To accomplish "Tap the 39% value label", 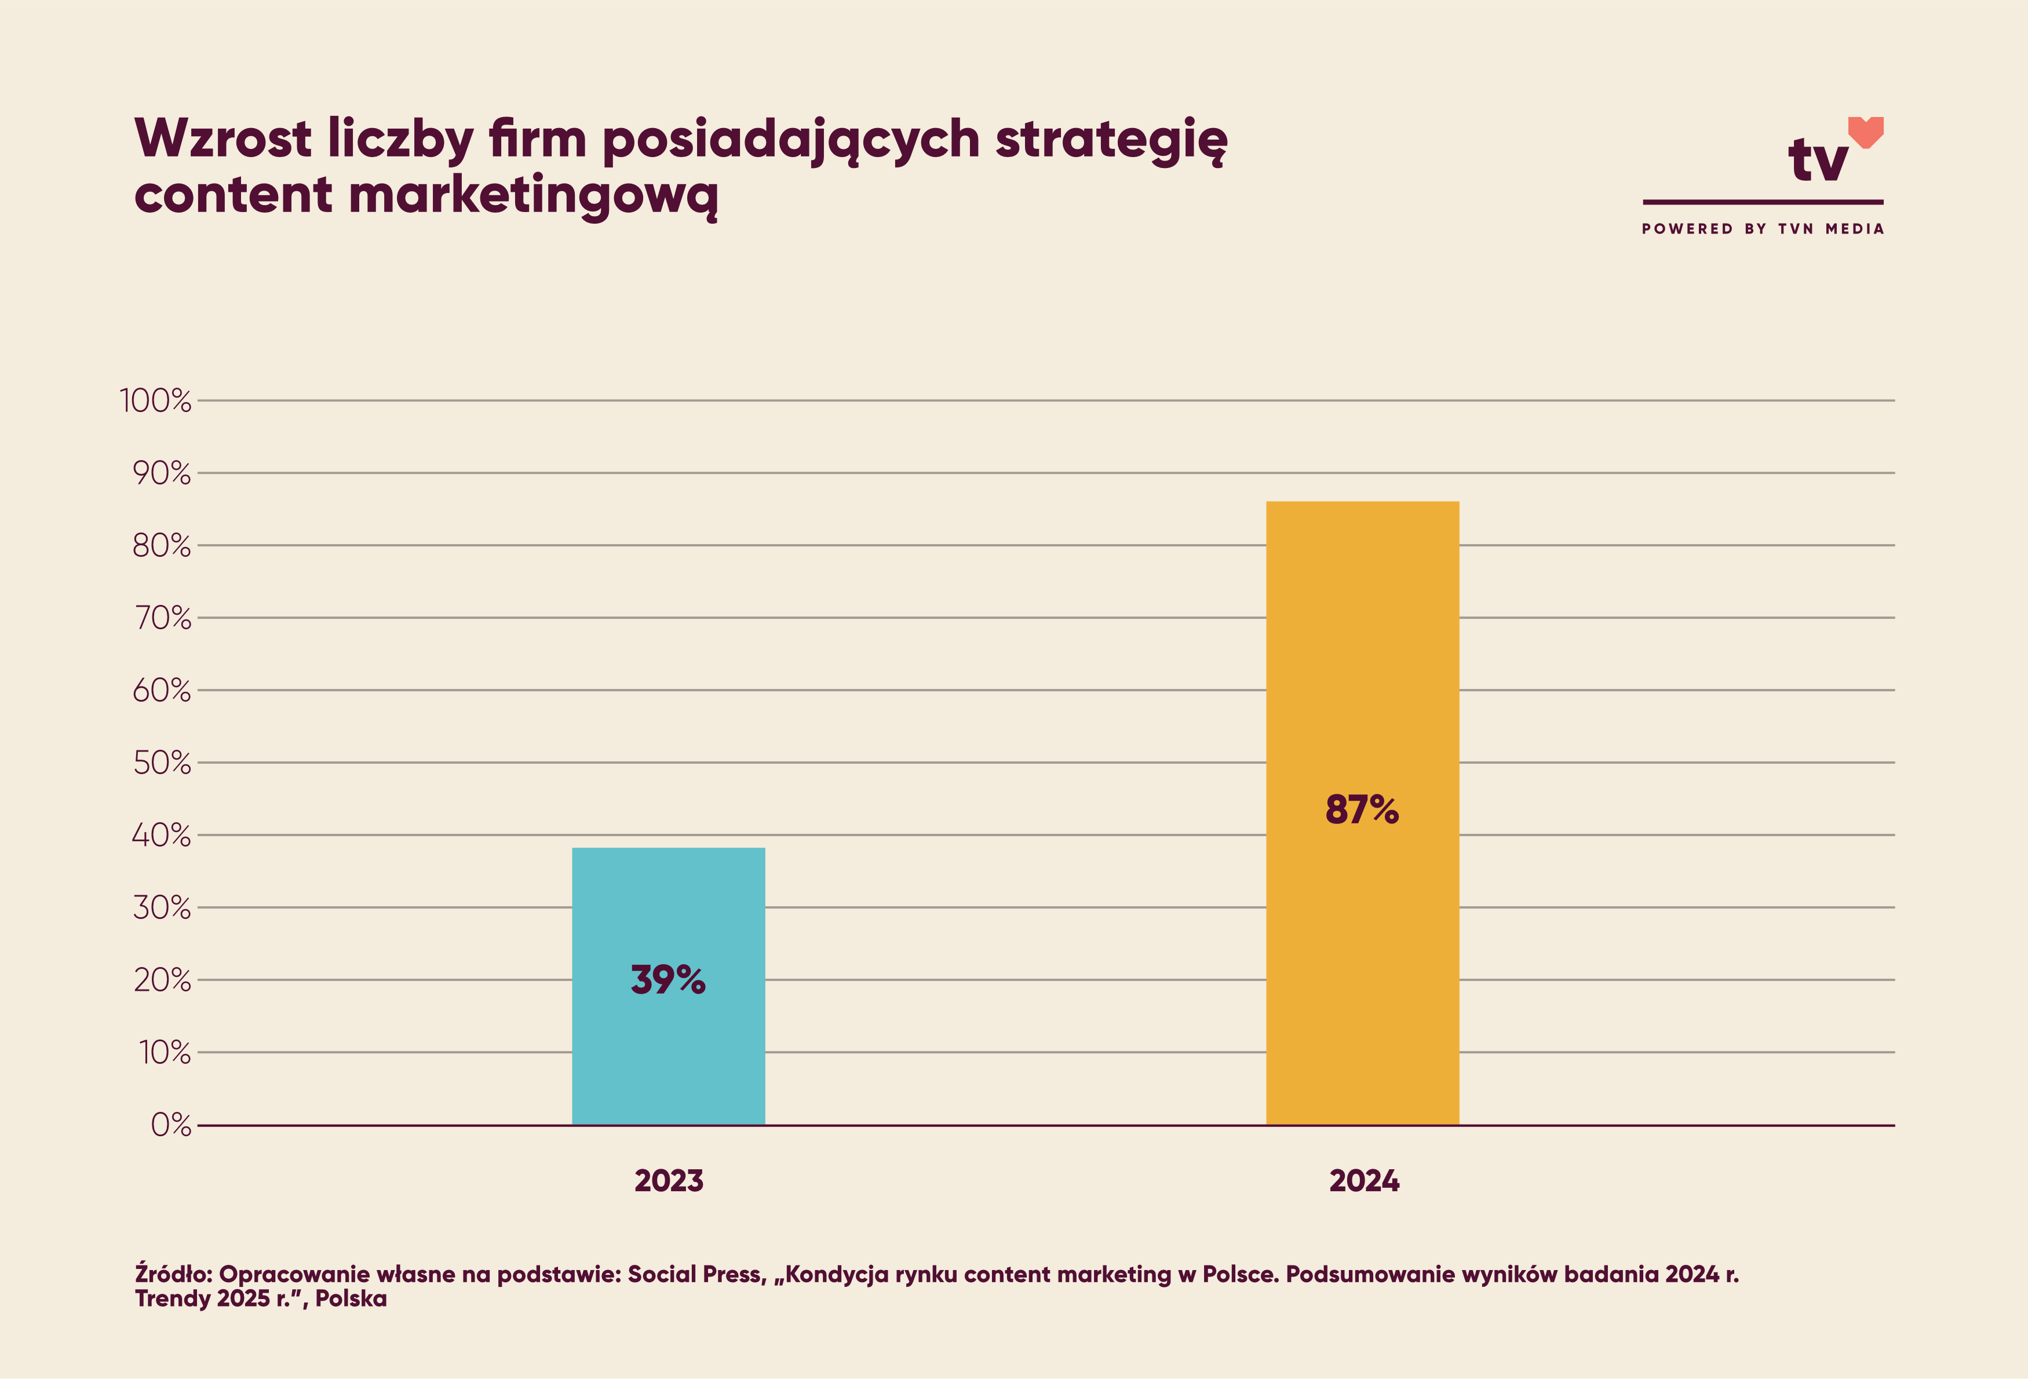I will pos(668,980).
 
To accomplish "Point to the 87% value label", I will pos(1361,810).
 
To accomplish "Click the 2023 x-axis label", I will pos(669,1181).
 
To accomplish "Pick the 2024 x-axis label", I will pos(1364,1181).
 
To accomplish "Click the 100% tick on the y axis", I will pos(155,400).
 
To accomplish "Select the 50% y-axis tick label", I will pos(162,763).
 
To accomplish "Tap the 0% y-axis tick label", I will pos(170,1125).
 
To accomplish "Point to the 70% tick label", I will pos(162,618).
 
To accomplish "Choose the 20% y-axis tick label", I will pos(162,980).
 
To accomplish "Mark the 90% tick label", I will pos(162,473).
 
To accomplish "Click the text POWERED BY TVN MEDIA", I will pos(1763,229).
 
